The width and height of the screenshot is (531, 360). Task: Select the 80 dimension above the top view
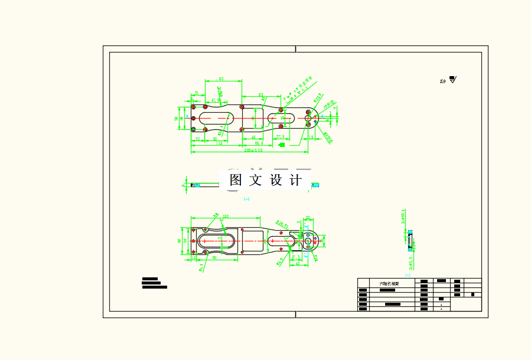221,78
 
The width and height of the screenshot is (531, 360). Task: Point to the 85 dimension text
260,94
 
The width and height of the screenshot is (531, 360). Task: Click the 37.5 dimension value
281,136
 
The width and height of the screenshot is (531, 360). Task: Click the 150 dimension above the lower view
225,217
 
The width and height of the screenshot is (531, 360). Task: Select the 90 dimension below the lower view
214,258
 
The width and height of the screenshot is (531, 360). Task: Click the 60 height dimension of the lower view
179,240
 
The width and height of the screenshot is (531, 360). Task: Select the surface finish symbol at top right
452,80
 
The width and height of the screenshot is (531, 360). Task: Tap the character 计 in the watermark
296,181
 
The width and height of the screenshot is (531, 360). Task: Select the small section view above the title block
409,240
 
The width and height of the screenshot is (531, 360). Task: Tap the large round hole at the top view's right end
308,118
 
